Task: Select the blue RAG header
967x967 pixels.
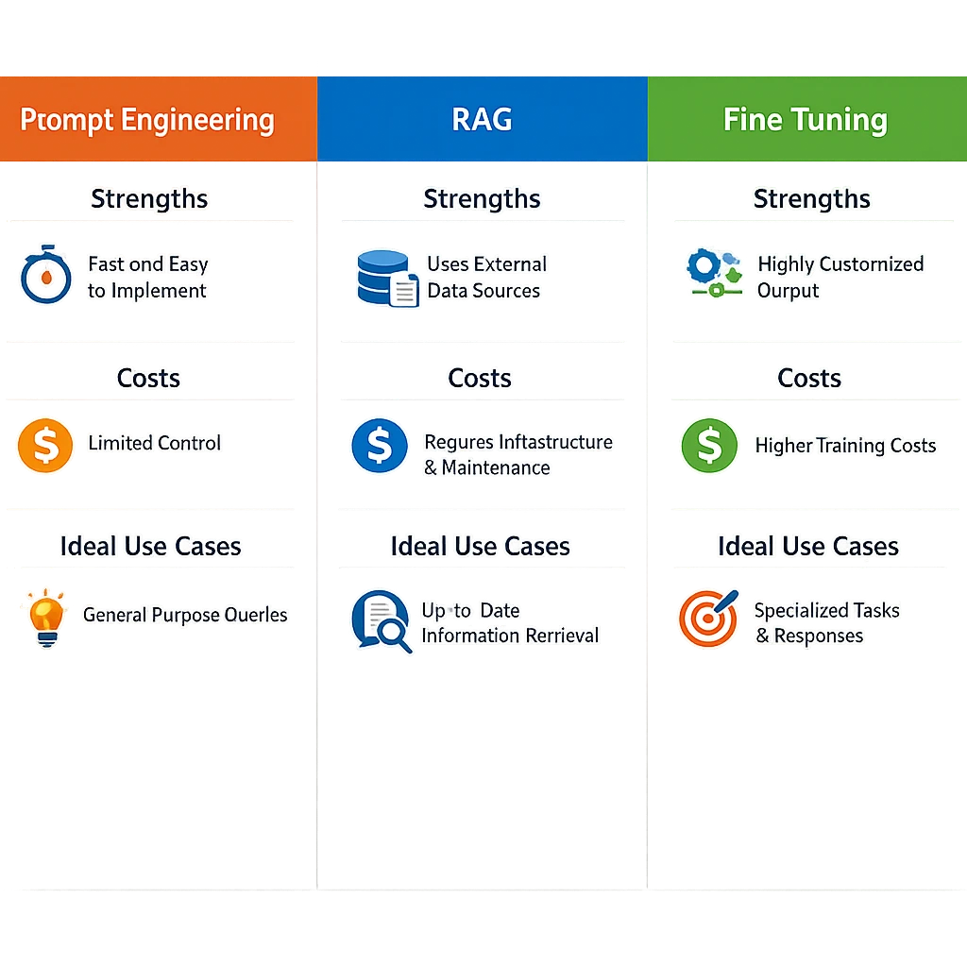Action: [482, 120]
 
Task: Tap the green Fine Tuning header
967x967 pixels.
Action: [806, 120]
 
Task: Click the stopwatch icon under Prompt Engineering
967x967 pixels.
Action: [45, 276]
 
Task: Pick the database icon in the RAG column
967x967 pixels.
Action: [386, 278]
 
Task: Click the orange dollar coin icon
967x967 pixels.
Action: [44, 445]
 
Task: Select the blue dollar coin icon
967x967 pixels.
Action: [379, 447]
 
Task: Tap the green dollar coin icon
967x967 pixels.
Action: [709, 447]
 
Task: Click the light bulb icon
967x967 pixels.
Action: [43, 618]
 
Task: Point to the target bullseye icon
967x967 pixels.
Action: [706, 619]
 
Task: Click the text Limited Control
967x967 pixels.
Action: [154, 443]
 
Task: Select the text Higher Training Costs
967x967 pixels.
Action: [845, 446]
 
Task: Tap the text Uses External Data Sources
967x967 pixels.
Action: [485, 278]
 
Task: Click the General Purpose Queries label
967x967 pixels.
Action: [185, 615]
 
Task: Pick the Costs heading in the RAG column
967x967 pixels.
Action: [480, 379]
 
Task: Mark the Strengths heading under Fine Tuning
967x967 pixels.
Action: [811, 199]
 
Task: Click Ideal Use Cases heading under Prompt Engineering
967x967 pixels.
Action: [151, 547]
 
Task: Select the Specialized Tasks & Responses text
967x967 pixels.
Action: [825, 622]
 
